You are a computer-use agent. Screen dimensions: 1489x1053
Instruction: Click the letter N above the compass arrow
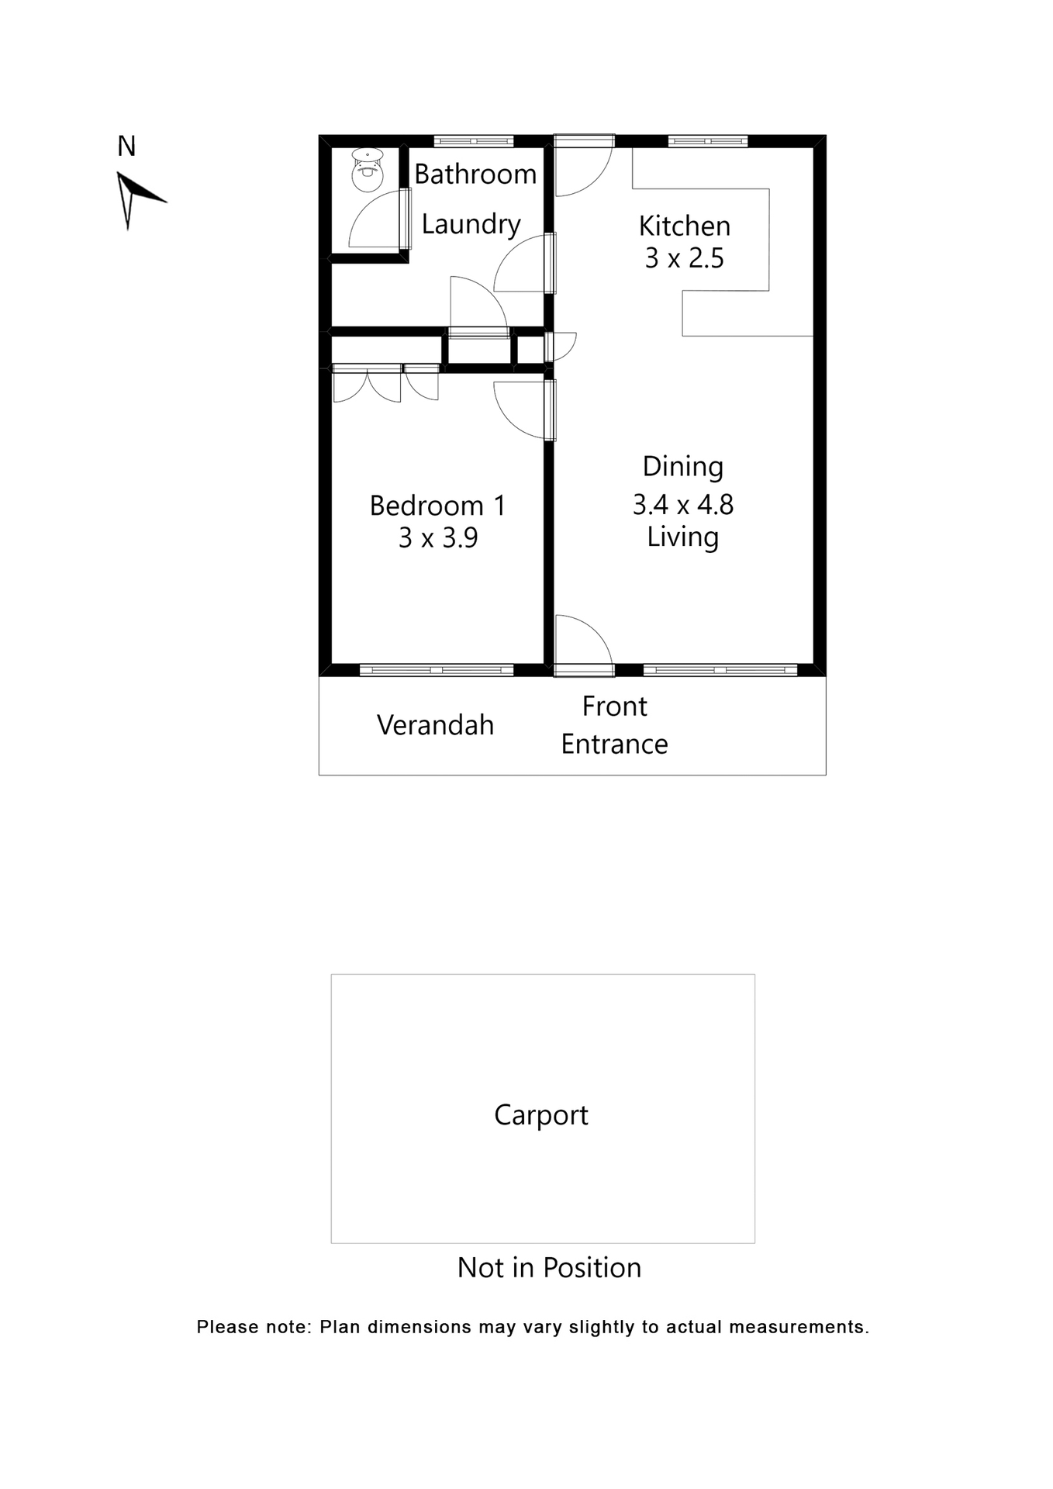[126, 147]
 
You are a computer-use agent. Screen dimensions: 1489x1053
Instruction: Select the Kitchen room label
[684, 226]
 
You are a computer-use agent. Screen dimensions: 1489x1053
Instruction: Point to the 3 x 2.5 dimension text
[684, 258]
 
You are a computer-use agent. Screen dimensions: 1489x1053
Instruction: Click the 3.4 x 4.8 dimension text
[682, 505]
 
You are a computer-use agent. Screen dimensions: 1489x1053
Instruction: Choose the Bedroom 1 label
[437, 506]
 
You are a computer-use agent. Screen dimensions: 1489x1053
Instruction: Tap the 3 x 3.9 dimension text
[437, 537]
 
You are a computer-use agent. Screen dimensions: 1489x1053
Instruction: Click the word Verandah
[435, 725]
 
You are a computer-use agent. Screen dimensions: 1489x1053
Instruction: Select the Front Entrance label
[614, 725]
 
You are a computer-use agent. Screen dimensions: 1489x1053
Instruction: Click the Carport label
[541, 1115]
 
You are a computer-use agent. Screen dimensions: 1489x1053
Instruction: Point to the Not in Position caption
[549, 1268]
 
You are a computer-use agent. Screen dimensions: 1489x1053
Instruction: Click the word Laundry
[471, 224]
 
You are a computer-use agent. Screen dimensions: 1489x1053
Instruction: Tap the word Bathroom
[475, 174]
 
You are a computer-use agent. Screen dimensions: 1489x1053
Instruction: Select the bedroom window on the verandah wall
[437, 670]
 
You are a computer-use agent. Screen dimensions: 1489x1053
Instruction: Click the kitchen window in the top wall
[707, 141]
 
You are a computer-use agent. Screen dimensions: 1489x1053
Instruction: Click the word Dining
[682, 467]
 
